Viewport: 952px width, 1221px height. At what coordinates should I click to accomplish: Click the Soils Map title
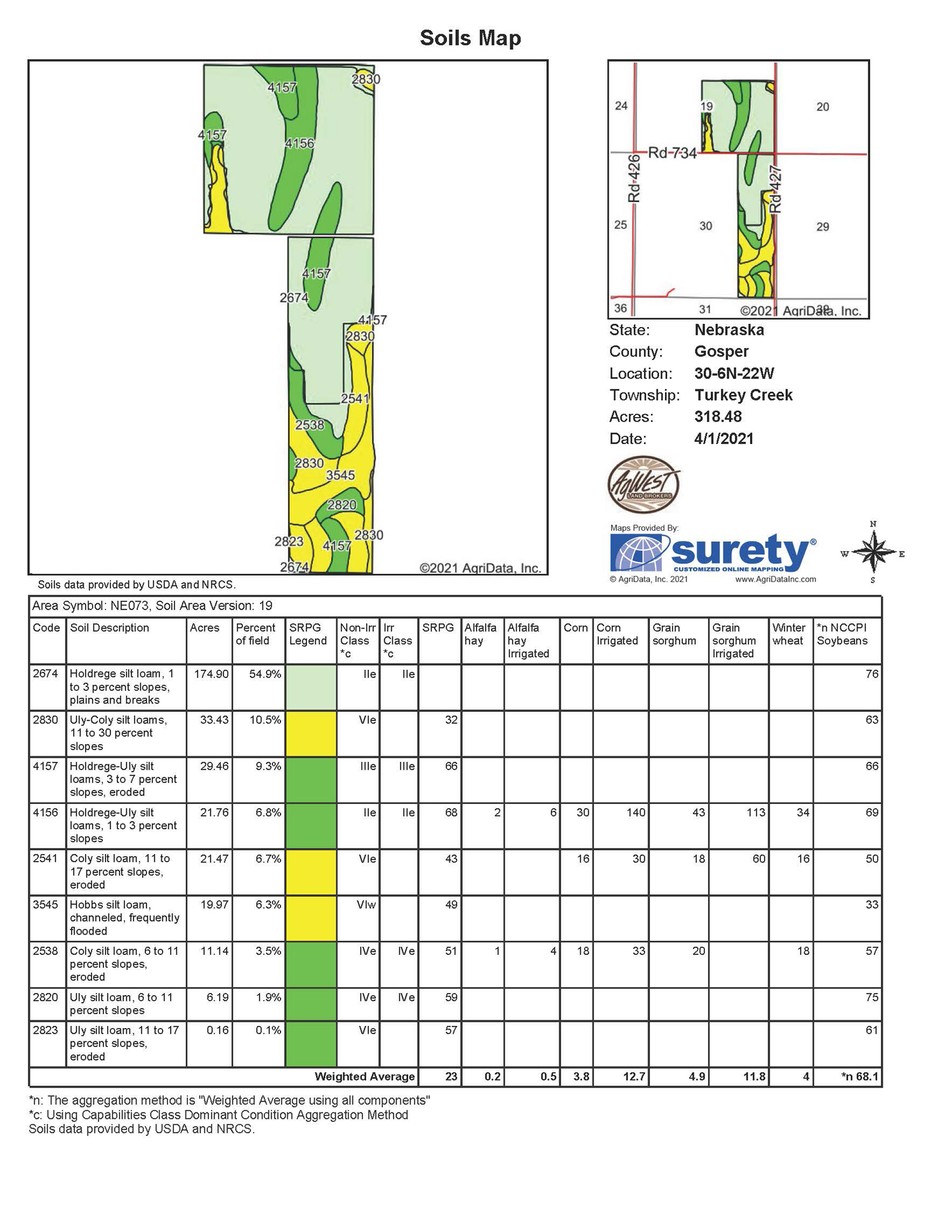click(470, 38)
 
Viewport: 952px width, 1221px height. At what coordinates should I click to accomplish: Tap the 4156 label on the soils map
click(299, 143)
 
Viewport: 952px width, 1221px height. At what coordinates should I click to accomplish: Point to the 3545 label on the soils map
click(340, 475)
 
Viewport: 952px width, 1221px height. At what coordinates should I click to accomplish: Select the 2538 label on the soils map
click(310, 425)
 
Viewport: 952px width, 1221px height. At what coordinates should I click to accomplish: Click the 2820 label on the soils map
click(341, 505)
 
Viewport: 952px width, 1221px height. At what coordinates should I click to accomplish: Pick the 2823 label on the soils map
click(289, 542)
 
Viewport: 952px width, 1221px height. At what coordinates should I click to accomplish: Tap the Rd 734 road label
click(672, 153)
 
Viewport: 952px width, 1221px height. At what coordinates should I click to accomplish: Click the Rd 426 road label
click(634, 178)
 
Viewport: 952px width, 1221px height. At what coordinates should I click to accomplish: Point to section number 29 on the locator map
click(823, 227)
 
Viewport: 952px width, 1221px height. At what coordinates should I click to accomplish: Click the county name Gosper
click(722, 352)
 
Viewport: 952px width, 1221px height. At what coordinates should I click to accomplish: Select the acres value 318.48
click(718, 417)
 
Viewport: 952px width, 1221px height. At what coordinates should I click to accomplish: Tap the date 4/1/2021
click(724, 439)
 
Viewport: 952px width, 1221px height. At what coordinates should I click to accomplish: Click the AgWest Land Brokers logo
click(644, 484)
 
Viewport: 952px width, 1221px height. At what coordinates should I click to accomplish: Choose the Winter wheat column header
click(788, 634)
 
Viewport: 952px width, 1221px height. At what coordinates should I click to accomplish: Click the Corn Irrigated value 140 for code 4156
click(635, 813)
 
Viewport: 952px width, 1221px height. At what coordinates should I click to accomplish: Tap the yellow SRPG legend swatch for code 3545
click(311, 918)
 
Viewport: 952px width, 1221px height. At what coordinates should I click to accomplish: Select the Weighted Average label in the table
click(364, 1077)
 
